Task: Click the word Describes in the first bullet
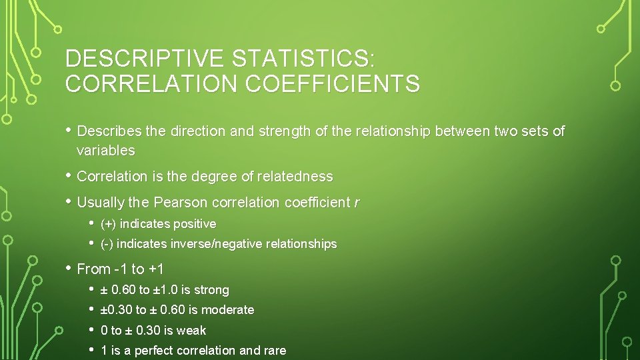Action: pos(109,131)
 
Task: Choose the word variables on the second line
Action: pos(105,151)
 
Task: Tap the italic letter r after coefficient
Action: pos(356,202)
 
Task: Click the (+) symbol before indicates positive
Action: pos(109,224)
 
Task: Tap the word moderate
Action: pos(227,310)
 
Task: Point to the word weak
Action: pos(192,330)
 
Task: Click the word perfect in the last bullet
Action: pos(152,351)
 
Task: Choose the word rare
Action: pos(275,351)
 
